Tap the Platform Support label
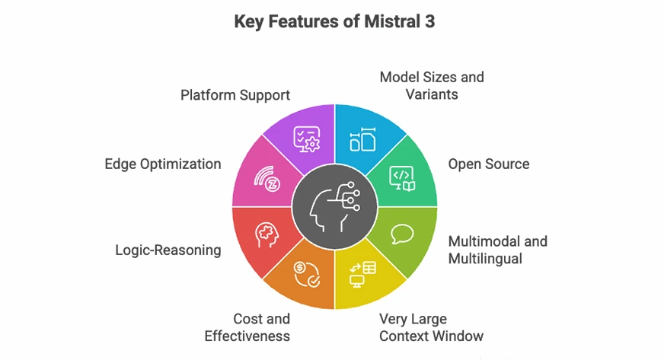235,95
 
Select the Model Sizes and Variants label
431,86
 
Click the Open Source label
488,164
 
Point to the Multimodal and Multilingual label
497,250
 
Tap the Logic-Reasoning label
168,249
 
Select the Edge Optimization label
163,164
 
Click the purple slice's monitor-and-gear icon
308,138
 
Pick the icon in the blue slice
362,139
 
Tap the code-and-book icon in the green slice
401,177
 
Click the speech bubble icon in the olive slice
401,233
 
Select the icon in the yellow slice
362,273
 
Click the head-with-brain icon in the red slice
267,234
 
